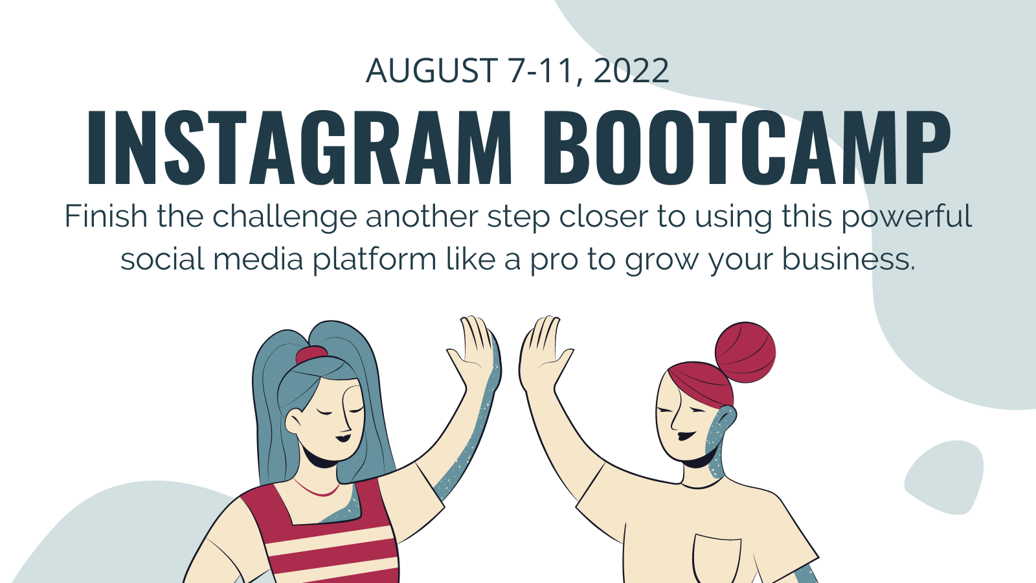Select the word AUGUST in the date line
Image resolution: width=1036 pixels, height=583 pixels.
[432, 71]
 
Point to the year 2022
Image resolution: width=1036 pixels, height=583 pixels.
[631, 71]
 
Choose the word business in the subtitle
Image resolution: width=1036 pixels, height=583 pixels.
[848, 259]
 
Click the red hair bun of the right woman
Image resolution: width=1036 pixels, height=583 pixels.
[745, 352]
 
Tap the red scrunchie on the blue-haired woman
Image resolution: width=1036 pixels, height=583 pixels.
[311, 355]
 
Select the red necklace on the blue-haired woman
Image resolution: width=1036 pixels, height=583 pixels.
[317, 490]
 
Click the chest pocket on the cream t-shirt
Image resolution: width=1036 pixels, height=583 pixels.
[717, 558]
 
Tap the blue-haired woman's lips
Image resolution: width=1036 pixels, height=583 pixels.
[343, 437]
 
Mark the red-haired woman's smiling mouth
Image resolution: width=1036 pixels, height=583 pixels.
[687, 436]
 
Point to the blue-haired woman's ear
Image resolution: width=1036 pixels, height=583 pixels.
[293, 421]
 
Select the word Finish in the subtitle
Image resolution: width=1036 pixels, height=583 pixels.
[106, 216]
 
